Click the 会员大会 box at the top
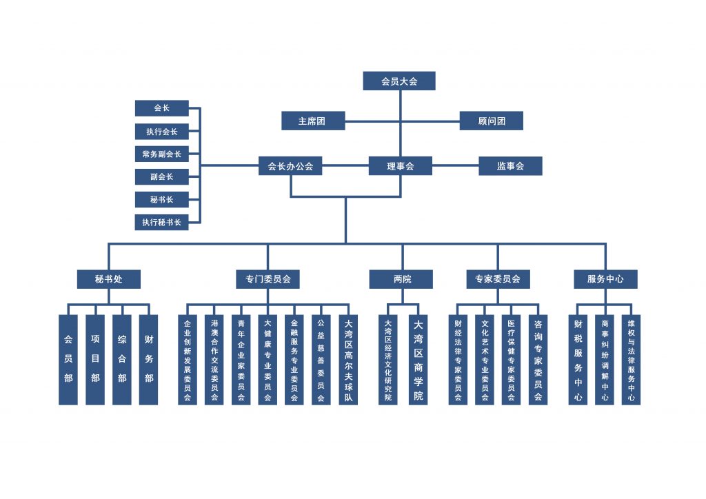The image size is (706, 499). [399, 81]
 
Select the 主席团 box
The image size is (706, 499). [313, 121]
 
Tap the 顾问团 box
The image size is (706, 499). [491, 121]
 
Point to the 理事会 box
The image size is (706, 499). [401, 165]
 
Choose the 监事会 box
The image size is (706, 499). [510, 165]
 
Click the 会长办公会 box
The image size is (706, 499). [290, 165]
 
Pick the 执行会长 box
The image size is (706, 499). [161, 132]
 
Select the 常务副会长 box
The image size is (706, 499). [161, 154]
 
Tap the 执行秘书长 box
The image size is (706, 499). [161, 223]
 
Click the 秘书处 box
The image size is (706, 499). [108, 279]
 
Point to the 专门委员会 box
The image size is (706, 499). [268, 279]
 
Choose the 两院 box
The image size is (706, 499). [401, 279]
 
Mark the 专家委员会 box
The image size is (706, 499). [498, 279]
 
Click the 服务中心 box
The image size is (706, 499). [605, 279]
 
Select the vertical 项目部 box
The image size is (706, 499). [95, 360]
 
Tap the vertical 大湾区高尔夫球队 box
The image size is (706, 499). [348, 360]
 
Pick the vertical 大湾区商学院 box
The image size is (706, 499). [418, 360]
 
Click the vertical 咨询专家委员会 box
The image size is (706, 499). [538, 360]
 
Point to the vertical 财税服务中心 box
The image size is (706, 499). [578, 360]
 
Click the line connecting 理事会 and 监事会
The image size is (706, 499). [455, 165]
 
